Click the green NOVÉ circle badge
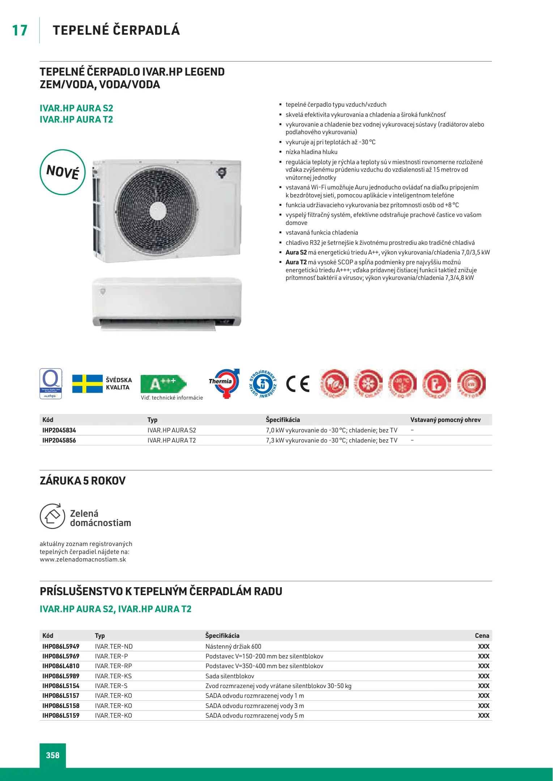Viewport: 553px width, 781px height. (63, 172)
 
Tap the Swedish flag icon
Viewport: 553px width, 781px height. (88, 384)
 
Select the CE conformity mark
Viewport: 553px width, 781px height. (298, 384)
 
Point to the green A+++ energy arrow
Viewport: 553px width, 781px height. (163, 384)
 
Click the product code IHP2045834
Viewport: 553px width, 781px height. (59, 430)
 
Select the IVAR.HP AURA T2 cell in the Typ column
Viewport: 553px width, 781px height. (171, 440)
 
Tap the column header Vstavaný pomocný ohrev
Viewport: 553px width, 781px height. (445, 420)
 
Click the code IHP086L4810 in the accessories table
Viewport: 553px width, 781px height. (61, 666)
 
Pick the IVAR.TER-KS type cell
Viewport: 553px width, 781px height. (113, 676)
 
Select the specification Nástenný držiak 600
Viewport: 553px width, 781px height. (233, 646)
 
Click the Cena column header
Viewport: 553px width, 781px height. (482, 636)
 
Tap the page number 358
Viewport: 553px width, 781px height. (53, 755)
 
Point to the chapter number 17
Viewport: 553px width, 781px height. (20, 30)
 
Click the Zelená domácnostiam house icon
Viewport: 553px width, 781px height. (52, 516)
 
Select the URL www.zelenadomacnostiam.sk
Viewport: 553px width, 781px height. (83, 559)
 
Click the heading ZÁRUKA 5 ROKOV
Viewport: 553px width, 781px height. (83, 481)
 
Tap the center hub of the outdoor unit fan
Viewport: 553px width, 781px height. (158, 210)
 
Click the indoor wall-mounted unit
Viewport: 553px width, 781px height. (167, 302)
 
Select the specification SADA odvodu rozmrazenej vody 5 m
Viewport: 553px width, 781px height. (255, 716)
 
